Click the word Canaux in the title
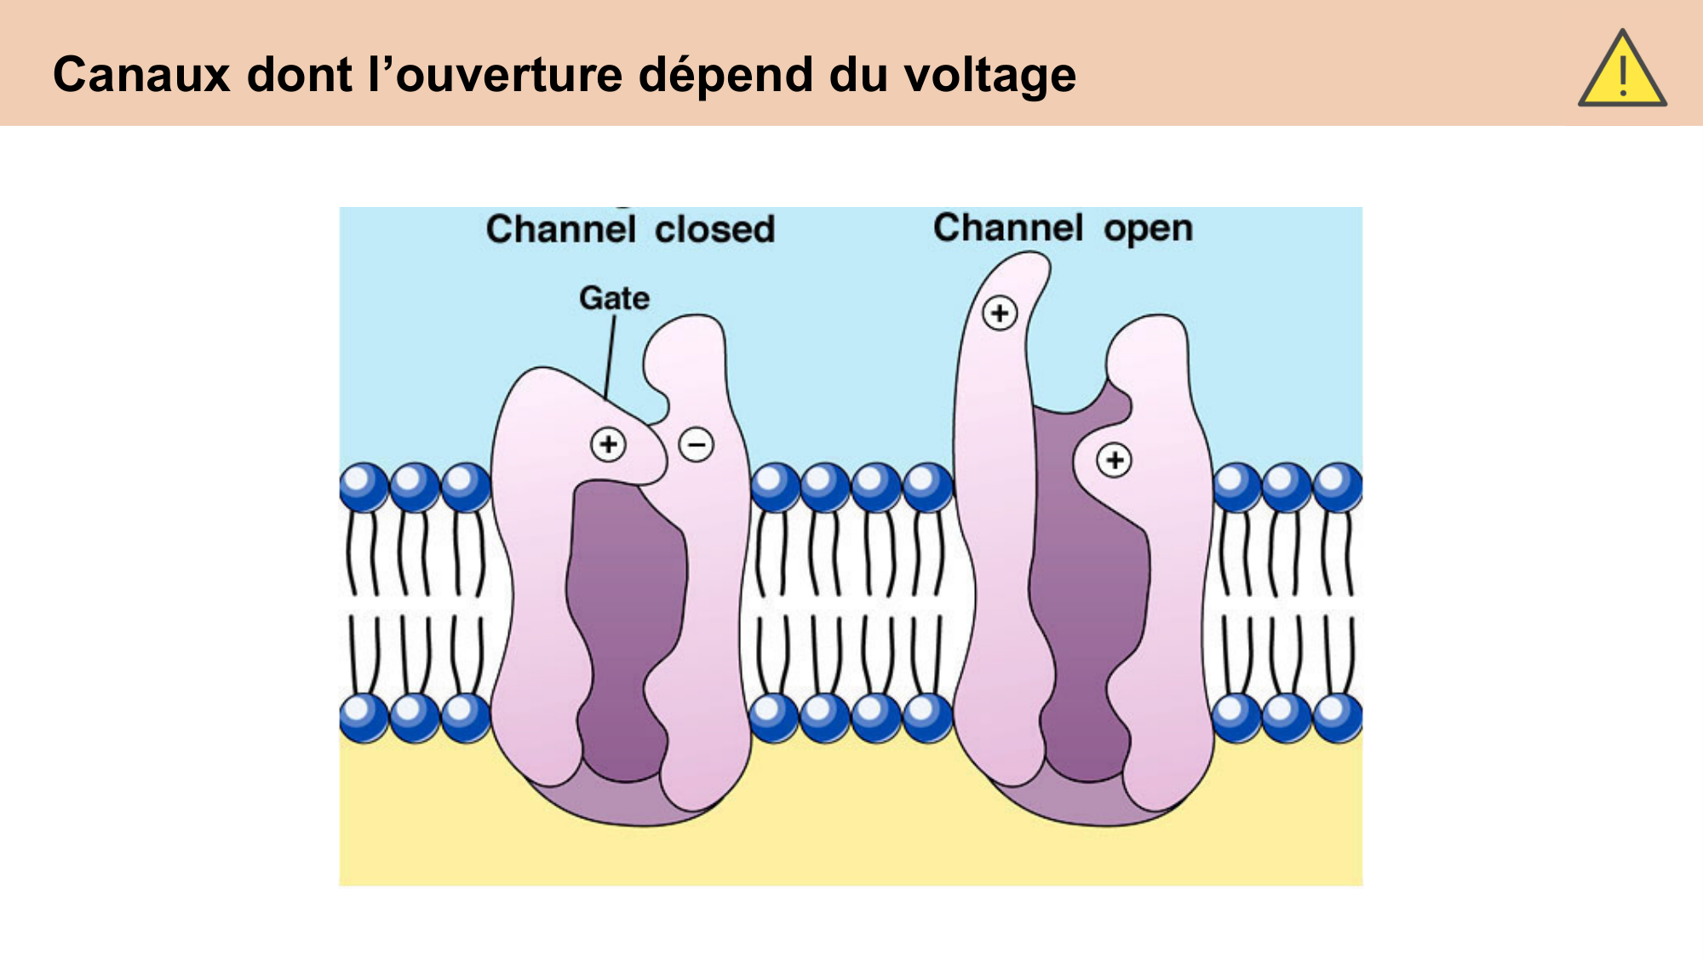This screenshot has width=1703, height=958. coord(141,74)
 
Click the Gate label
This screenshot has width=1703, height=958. coord(614,298)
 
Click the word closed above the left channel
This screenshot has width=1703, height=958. coord(714,229)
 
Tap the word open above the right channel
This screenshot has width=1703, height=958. coord(1148,228)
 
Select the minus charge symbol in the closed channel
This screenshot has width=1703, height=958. coord(696,445)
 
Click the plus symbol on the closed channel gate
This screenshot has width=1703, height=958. coord(608,444)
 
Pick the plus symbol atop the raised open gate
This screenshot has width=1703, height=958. coord(1000,313)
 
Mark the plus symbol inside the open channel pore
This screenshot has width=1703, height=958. coord(1114,460)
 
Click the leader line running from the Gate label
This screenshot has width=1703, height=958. coord(610,358)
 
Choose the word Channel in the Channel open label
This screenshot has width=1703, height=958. coord(1007,227)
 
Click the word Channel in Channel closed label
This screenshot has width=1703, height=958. coord(560,229)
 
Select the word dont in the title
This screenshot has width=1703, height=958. coord(299,74)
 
